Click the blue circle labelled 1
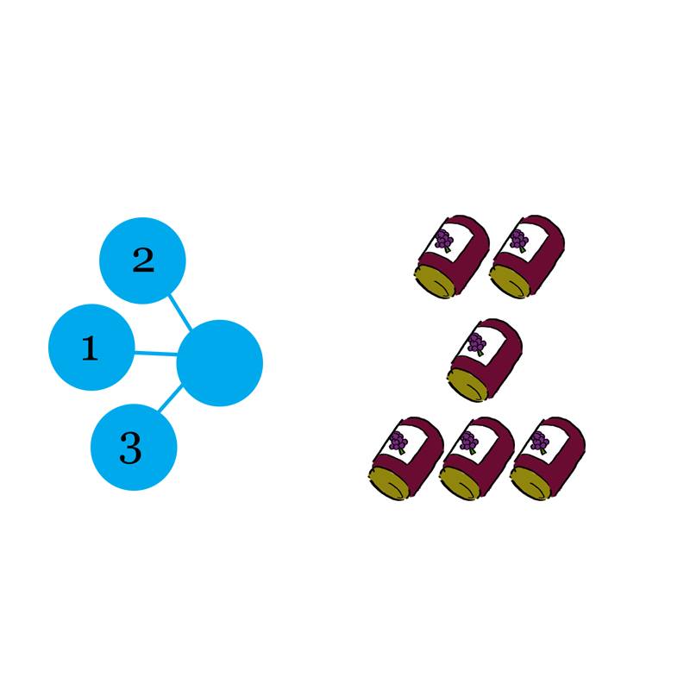[91, 348]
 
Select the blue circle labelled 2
[142, 260]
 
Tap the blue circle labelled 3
[134, 447]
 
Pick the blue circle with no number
[220, 363]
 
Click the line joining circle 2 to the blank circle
[180, 312]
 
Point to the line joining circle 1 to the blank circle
[156, 353]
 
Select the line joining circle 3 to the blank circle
[170, 398]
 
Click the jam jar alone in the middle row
[485, 360]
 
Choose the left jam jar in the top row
[452, 257]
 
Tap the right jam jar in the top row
[527, 257]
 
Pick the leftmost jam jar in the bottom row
[406, 459]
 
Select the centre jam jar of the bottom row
[477, 459]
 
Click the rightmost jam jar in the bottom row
[548, 459]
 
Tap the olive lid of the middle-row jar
[467, 384]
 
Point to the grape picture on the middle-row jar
[477, 344]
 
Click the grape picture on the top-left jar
[444, 241]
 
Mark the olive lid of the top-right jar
[509, 281]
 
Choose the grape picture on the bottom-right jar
[540, 442]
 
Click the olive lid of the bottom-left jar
[387, 483]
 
